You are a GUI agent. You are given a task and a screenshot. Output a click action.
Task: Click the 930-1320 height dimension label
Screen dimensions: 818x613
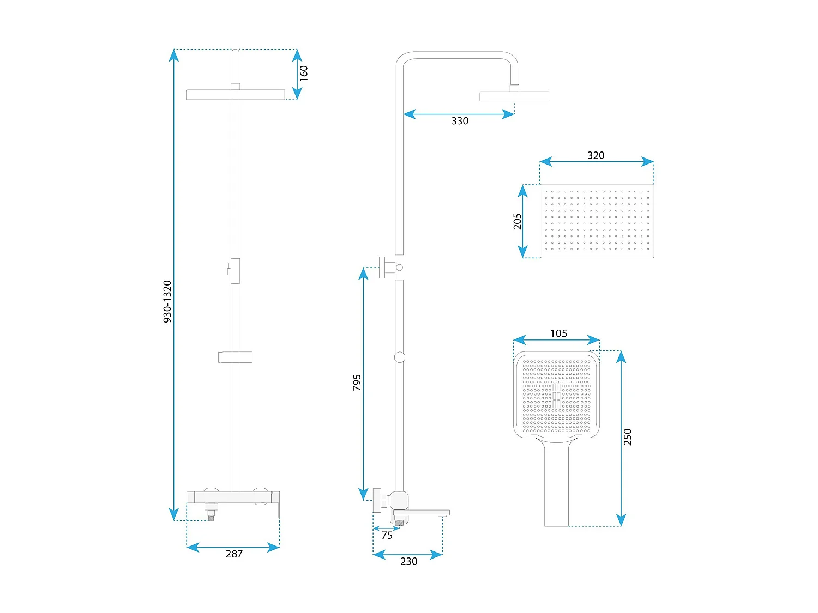pyautogui.click(x=167, y=301)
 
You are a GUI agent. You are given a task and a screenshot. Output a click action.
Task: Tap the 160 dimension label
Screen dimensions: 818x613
pyautogui.click(x=304, y=73)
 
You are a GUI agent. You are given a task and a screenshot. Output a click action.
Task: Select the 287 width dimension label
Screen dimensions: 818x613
pyautogui.click(x=234, y=554)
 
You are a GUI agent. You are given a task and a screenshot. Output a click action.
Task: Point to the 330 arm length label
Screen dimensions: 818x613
pyautogui.click(x=460, y=121)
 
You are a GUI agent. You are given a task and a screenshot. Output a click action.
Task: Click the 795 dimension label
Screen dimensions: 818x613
pyautogui.click(x=357, y=383)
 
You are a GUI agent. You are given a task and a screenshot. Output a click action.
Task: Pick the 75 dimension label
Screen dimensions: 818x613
pyautogui.click(x=387, y=535)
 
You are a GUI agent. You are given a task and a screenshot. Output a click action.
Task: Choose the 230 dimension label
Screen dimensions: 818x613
pyautogui.click(x=409, y=561)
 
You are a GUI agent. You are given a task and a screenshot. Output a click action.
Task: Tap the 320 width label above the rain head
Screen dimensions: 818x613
pyautogui.click(x=596, y=155)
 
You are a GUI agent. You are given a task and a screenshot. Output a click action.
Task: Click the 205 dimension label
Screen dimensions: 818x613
pyautogui.click(x=518, y=221)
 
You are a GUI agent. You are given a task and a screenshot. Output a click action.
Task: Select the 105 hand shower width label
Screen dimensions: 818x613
pyautogui.click(x=558, y=333)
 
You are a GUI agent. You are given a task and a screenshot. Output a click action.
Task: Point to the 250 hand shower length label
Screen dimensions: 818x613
pyautogui.click(x=628, y=437)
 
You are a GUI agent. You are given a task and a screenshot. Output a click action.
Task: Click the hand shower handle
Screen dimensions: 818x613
pyautogui.click(x=556, y=484)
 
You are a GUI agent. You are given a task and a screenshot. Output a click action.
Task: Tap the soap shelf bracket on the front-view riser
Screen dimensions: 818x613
pyautogui.click(x=235, y=357)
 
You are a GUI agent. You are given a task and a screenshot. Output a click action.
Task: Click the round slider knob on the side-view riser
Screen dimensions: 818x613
pyautogui.click(x=400, y=357)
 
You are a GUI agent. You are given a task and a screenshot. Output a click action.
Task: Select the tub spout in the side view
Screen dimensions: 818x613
pyautogui.click(x=421, y=513)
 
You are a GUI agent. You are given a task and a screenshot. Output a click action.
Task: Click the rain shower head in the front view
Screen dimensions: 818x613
pyautogui.click(x=236, y=94)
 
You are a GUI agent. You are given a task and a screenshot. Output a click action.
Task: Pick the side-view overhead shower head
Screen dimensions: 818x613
pyautogui.click(x=514, y=96)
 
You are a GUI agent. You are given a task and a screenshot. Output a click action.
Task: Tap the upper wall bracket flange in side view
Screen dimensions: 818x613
pyautogui.click(x=382, y=267)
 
